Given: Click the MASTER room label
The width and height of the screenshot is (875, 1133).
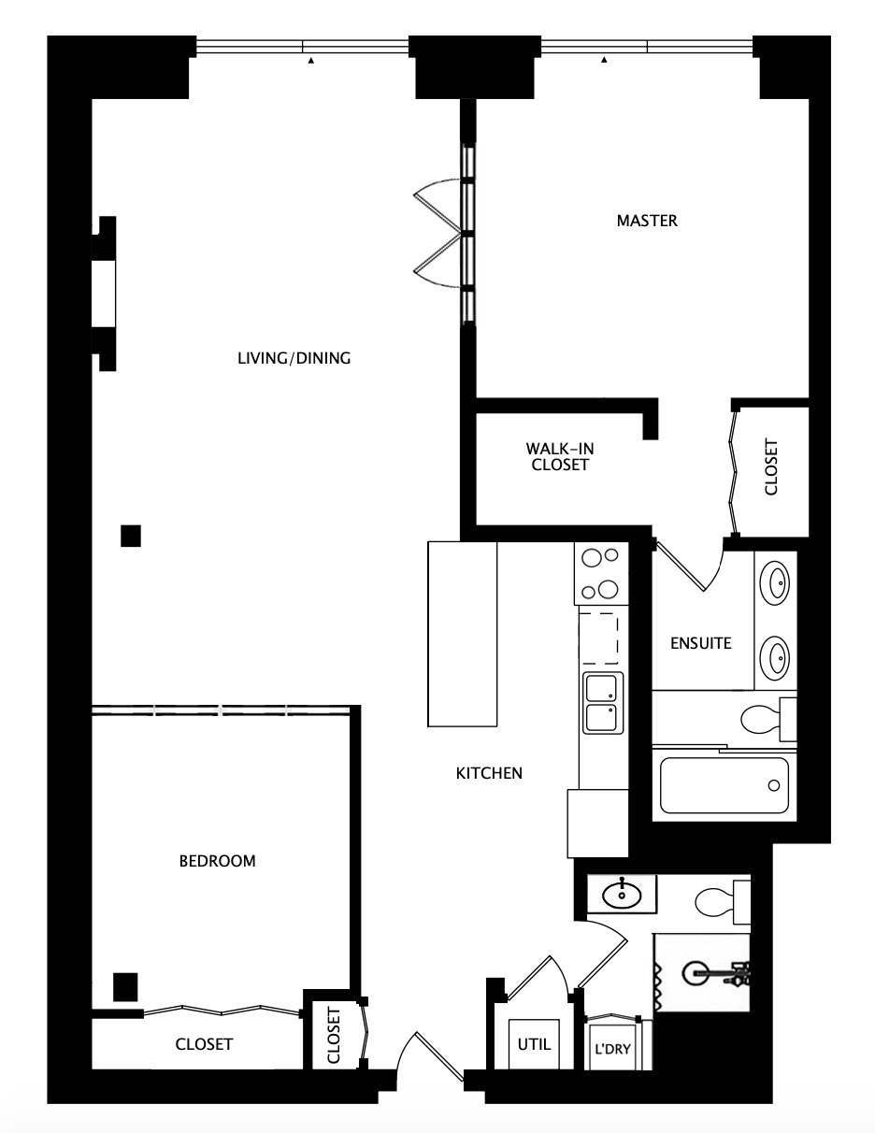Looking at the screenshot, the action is [x=647, y=221].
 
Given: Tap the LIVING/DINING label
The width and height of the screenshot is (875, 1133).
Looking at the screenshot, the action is [x=294, y=358].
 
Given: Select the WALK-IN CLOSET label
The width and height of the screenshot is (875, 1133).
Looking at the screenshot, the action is [x=560, y=456].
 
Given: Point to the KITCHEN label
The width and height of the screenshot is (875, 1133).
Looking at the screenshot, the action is [x=489, y=773].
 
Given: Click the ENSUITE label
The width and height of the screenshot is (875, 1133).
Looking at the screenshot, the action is [x=701, y=643].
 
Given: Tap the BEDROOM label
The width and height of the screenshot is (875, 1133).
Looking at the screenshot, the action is [x=217, y=861].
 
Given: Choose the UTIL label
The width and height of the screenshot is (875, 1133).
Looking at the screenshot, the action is [x=534, y=1044].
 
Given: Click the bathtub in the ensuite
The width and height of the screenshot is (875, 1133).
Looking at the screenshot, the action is [x=724, y=785].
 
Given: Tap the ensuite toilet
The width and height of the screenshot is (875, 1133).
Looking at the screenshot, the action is [x=768, y=720].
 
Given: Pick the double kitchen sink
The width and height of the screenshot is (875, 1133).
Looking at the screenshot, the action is [x=602, y=703].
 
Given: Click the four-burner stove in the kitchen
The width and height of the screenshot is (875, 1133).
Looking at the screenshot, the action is [x=601, y=574].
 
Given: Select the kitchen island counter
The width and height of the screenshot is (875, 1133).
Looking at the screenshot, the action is [x=462, y=634].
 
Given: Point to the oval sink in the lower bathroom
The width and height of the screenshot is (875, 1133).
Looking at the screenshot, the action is [x=622, y=896].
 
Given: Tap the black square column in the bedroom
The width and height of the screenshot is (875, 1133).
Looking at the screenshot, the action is [x=125, y=987].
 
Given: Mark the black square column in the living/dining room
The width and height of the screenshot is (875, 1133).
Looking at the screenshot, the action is [x=131, y=536].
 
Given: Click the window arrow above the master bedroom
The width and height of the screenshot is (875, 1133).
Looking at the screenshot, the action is [x=604, y=60].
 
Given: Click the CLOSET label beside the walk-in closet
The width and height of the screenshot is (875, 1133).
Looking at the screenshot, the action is [x=771, y=466].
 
